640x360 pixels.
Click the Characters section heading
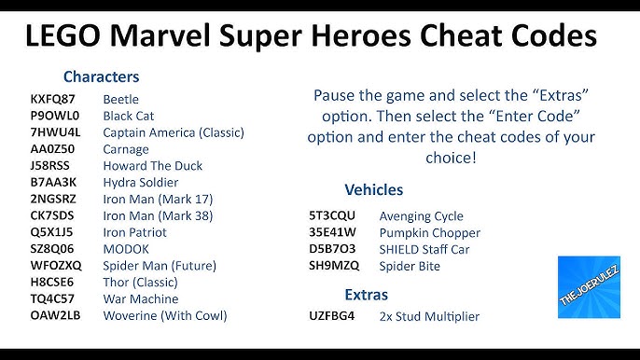(101, 76)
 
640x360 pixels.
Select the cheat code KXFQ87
(52, 99)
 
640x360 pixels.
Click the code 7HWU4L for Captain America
(55, 132)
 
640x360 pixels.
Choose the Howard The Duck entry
(152, 166)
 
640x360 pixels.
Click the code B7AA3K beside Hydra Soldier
(53, 183)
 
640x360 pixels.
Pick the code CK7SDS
(52, 216)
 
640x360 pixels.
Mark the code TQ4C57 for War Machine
(52, 299)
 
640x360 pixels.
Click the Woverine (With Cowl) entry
(165, 316)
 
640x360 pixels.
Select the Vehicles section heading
(374, 189)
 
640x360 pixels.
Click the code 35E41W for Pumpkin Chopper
(333, 232)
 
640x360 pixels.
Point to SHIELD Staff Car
(424, 249)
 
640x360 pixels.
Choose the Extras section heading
(367, 294)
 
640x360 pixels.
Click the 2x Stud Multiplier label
(429, 316)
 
